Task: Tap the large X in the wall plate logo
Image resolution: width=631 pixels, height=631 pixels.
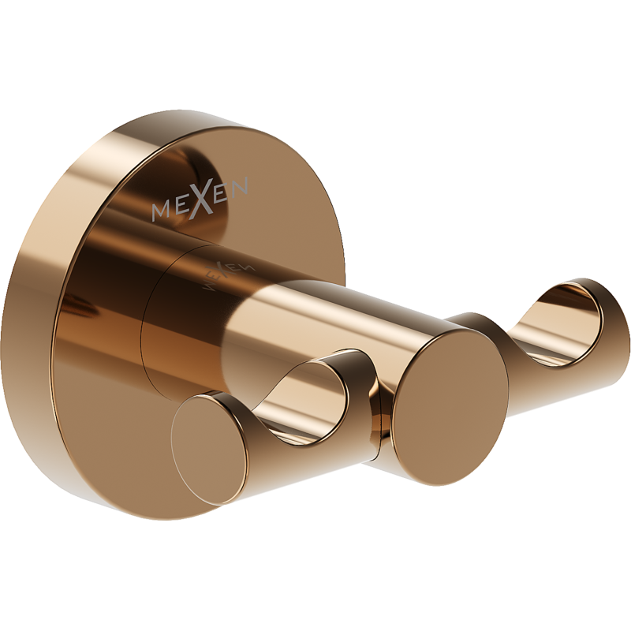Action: (x=203, y=198)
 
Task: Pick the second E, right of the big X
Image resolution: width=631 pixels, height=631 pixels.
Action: (x=222, y=192)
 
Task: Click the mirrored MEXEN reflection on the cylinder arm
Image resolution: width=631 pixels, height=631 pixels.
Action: (x=228, y=274)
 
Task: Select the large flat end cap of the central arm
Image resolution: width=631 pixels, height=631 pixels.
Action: (x=450, y=409)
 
